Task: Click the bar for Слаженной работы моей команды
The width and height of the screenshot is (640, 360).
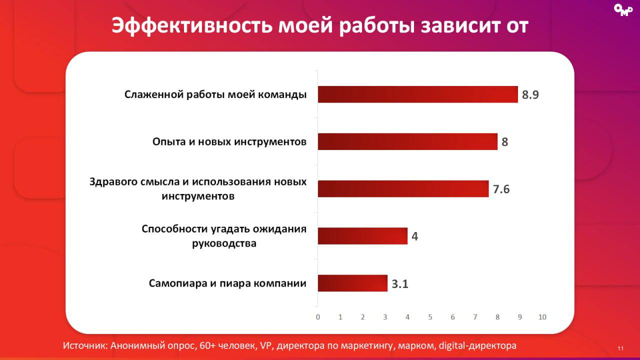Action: pyautogui.click(x=417, y=94)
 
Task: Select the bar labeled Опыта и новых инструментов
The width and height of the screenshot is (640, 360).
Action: pyautogui.click(x=407, y=141)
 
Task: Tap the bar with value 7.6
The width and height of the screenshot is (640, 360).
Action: pyautogui.click(x=403, y=188)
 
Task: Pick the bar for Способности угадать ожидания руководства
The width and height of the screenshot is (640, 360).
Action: pyautogui.click(x=362, y=236)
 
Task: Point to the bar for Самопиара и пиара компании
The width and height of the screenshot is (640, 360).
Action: pyautogui.click(x=352, y=283)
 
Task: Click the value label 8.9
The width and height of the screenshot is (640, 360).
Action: pyautogui.click(x=530, y=95)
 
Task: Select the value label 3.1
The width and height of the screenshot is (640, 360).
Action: pyautogui.click(x=400, y=284)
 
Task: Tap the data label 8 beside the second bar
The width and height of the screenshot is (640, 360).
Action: pyautogui.click(x=504, y=142)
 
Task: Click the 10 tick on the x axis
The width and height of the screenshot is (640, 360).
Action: pyautogui.click(x=542, y=317)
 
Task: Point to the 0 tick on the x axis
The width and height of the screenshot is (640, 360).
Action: pyautogui.click(x=318, y=317)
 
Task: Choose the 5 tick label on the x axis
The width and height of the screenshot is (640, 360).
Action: pyautogui.click(x=430, y=317)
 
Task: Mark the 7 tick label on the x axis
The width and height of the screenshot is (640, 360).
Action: pyautogui.click(x=475, y=317)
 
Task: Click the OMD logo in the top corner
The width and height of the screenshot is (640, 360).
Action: pyautogui.click(x=622, y=10)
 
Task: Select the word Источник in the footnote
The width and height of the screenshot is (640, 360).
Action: pyautogui.click(x=85, y=346)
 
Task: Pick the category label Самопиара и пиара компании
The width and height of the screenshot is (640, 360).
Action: pyautogui.click(x=227, y=283)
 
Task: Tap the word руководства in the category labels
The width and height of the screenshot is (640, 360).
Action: pyautogui.click(x=224, y=243)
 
